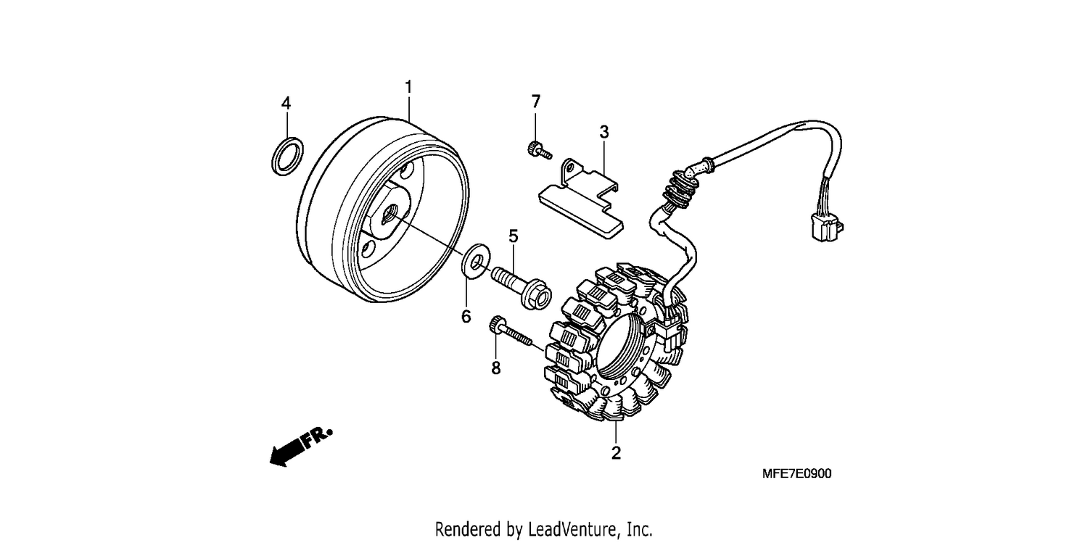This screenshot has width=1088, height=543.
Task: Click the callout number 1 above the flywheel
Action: tap(408, 87)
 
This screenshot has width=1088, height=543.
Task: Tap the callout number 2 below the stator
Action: tap(616, 453)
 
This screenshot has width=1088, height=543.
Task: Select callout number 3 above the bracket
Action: tap(603, 131)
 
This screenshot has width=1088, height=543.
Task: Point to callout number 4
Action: tap(286, 104)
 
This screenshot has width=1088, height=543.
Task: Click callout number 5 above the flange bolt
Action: tap(514, 236)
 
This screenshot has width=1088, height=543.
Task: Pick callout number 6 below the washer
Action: tap(466, 316)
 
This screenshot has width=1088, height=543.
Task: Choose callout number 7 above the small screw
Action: tap(536, 101)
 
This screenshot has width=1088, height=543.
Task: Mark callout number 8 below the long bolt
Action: tap(495, 368)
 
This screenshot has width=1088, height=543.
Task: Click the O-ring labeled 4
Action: tap(287, 157)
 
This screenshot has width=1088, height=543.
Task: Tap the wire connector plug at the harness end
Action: tap(826, 228)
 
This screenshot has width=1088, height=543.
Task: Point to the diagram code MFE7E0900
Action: tap(796, 473)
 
